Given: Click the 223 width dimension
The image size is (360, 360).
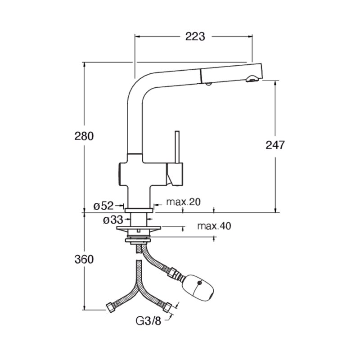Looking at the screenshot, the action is tap(195, 36).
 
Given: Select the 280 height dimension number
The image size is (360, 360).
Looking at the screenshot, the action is tap(84, 136).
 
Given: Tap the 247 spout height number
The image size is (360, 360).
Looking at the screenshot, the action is tap(275, 145).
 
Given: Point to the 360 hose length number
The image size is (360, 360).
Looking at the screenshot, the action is tap(84, 260).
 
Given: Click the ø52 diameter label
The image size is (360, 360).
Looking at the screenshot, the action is tap(103, 206).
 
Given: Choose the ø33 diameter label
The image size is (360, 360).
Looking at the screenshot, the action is tap(113, 220).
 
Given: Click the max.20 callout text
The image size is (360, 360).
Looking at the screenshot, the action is tap(183, 202).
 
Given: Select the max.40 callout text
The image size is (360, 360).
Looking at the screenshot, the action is tap(214, 226).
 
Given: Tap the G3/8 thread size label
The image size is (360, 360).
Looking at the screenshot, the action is tap(148, 321).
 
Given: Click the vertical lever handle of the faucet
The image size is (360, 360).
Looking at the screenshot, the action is tap(177, 147).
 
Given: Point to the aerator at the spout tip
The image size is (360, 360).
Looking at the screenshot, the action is tap(252, 79).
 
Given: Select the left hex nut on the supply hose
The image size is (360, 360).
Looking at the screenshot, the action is tap(111, 307).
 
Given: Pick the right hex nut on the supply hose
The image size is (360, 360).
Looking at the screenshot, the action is tap(167, 307).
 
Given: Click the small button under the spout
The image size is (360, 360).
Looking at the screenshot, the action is tap(209, 84).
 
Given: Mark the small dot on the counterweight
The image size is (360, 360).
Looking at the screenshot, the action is tap(199, 283).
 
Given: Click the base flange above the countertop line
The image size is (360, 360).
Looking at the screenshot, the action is tap(139, 210).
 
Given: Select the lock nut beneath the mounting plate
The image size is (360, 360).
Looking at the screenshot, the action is tap(138, 240).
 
